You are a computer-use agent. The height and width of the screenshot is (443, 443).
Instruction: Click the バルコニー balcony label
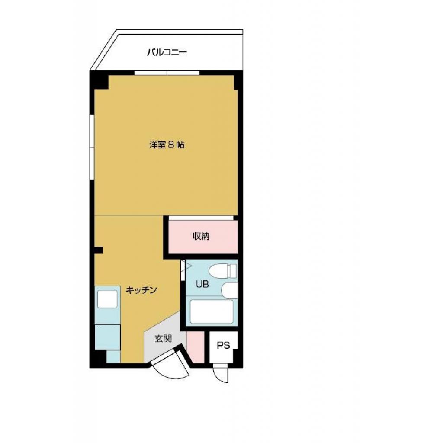pos(167,53)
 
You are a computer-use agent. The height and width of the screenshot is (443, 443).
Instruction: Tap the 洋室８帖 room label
pos(167,145)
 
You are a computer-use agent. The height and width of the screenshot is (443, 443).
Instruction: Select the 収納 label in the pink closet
pos(201,236)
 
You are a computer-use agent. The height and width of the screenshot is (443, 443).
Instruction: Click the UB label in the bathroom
pos(202,284)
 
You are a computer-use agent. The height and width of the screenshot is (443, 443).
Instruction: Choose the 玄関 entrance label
pos(164,339)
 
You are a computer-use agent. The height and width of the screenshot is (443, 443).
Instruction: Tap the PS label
pos(223,345)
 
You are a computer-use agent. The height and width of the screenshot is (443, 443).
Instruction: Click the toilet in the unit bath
pos(222,271)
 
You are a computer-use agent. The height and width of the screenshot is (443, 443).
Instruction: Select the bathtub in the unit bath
pos(212,311)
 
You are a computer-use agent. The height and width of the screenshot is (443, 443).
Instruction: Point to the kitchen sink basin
pos(107,299)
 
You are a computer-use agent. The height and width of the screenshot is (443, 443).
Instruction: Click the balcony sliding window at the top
pos(167,72)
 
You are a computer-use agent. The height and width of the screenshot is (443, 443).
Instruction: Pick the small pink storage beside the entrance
pos(196,347)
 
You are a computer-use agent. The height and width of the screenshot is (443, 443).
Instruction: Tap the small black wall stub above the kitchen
pos(99,250)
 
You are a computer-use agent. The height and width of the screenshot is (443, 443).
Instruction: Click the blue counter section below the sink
pos(107,337)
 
